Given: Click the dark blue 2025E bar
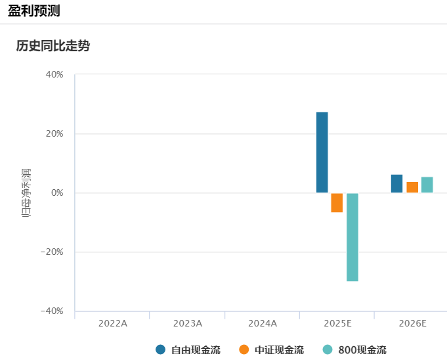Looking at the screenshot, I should (x=322, y=152).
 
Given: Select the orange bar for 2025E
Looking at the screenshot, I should (x=337, y=202).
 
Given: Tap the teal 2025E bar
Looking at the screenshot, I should (x=352, y=237).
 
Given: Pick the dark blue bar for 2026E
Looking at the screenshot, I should (x=396, y=184).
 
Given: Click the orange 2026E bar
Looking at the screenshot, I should (x=412, y=187).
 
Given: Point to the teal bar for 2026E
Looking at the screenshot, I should (x=427, y=185).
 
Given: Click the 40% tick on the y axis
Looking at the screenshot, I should (x=54, y=75).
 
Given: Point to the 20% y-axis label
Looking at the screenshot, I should (x=54, y=134).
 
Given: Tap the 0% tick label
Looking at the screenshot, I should (x=57, y=193).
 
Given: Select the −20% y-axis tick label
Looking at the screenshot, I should (x=53, y=252).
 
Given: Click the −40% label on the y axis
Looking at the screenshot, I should (x=53, y=311).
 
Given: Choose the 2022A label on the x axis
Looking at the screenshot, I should (x=113, y=324).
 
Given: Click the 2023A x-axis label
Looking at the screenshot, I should (x=188, y=324).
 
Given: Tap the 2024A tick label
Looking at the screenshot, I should (x=263, y=324).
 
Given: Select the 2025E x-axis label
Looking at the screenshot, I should (x=337, y=324).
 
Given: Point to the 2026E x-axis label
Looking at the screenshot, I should (x=412, y=324).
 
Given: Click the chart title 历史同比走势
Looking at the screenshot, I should (x=53, y=47).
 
